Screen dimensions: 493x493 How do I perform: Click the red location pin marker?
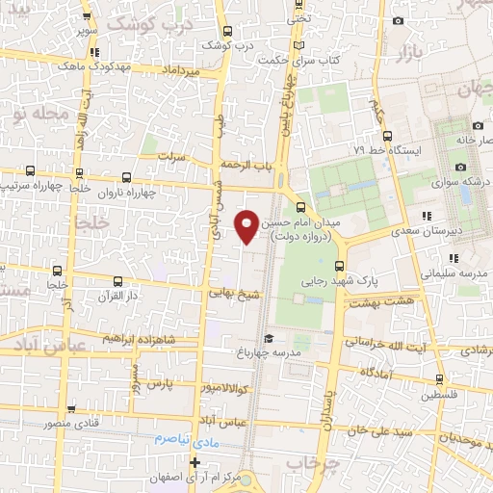pyautogui.click(x=247, y=225)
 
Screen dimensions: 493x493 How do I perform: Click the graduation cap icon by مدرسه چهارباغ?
pyautogui.click(x=270, y=338)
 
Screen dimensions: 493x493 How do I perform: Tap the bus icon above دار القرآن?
pyautogui.click(x=117, y=282)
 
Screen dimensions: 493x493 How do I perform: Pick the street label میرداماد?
pyautogui.click(x=180, y=70)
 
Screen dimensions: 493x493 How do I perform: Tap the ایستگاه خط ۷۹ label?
pyautogui.click(x=382, y=150)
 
